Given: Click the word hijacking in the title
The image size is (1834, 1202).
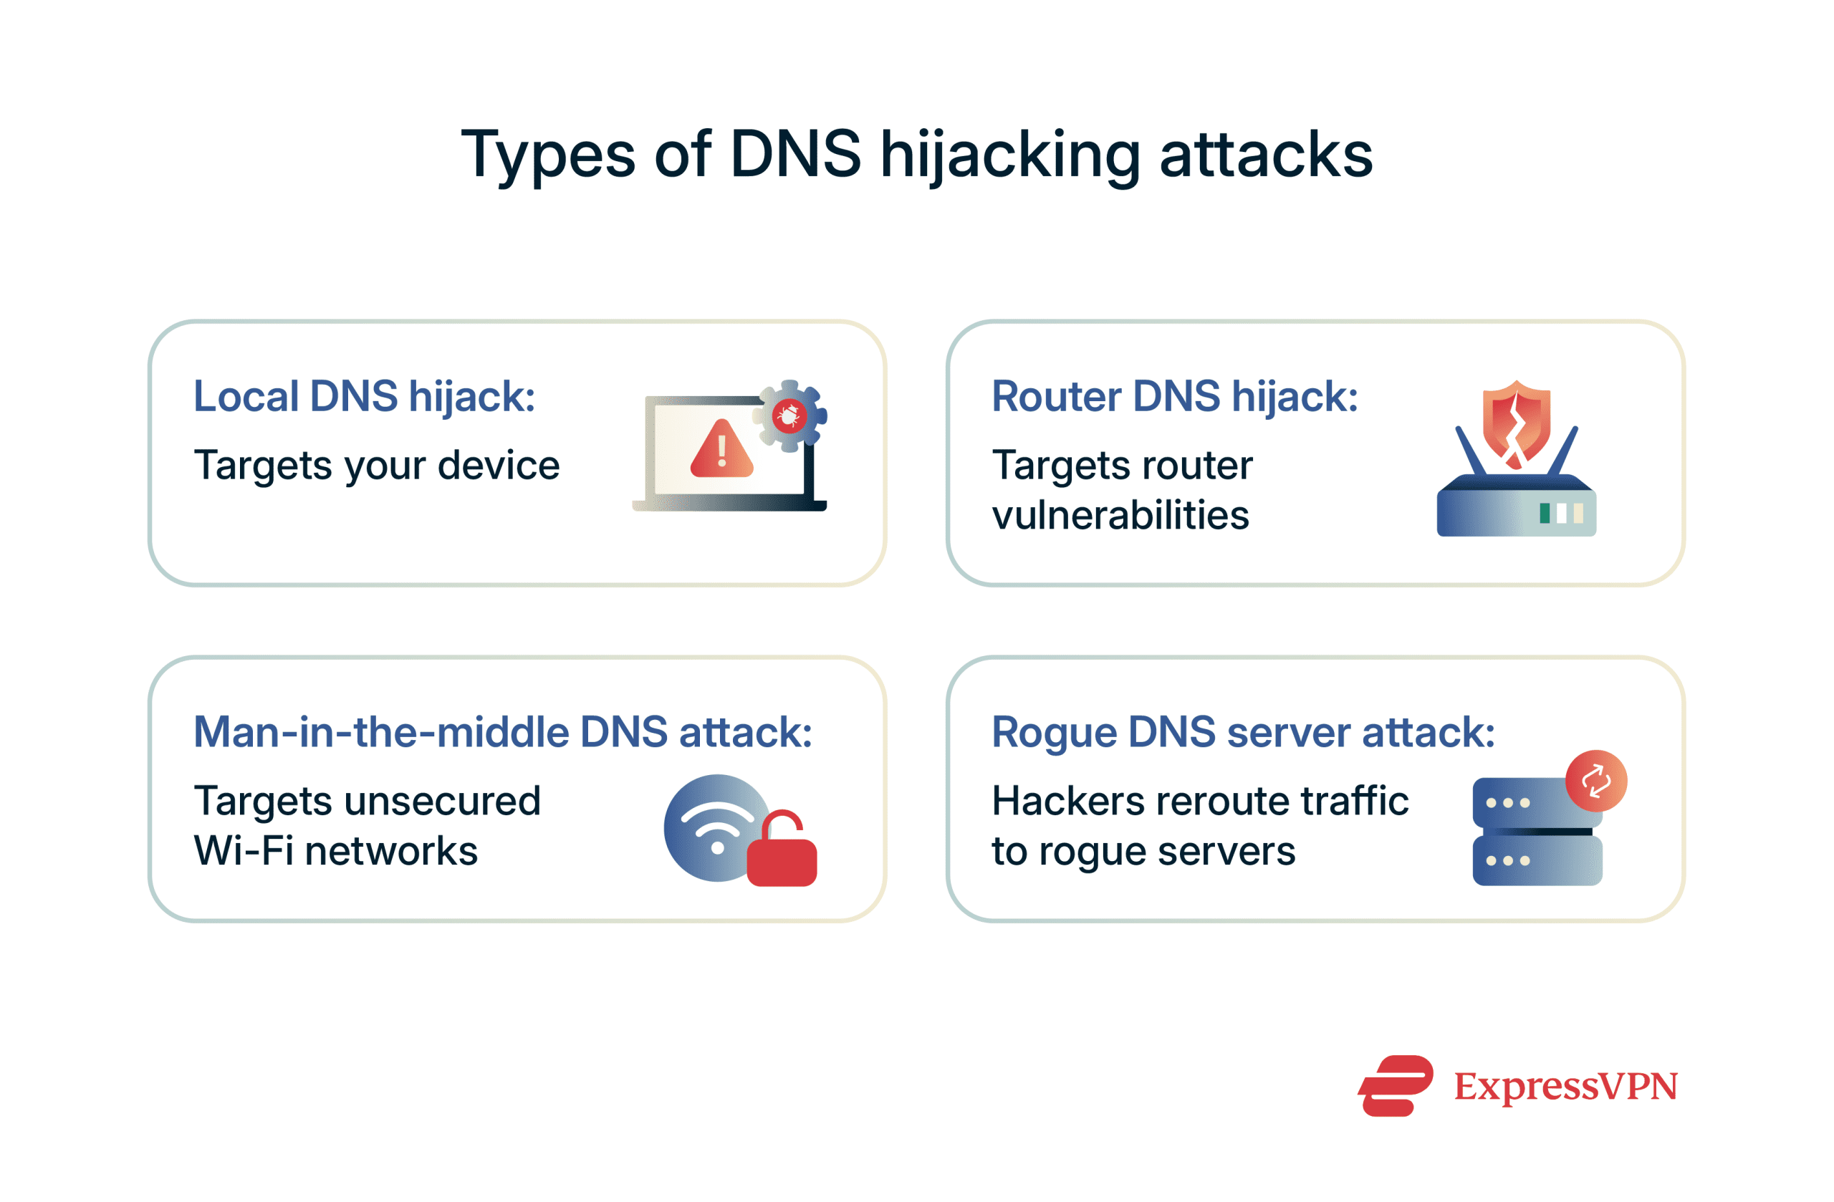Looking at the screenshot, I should pyautogui.click(x=1009, y=155).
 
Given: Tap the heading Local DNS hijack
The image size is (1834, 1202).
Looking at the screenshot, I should pyautogui.click(x=364, y=397).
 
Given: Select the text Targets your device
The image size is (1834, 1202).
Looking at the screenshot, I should pyautogui.click(x=377, y=466).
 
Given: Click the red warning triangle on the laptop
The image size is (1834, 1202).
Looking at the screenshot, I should pyautogui.click(x=721, y=450).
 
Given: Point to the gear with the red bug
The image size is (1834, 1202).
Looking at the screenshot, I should pyautogui.click(x=789, y=416).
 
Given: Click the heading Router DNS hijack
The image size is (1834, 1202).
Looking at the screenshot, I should pyautogui.click(x=1174, y=397).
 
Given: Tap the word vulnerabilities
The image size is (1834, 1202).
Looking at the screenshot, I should pyautogui.click(x=1120, y=515).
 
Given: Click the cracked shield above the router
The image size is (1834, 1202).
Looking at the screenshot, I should pyautogui.click(x=1517, y=422).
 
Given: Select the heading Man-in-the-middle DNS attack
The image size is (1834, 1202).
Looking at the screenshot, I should pyautogui.click(x=502, y=732).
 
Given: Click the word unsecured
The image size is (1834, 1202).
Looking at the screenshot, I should pyautogui.click(x=442, y=802).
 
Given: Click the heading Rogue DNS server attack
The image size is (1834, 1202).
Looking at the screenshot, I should pyautogui.click(x=1243, y=732).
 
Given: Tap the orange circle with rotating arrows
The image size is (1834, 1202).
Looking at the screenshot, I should pyautogui.click(x=1596, y=781).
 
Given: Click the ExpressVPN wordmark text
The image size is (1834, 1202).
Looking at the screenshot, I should pyautogui.click(x=1565, y=1087).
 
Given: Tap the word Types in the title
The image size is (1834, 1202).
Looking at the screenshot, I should pyautogui.click(x=548, y=155).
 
